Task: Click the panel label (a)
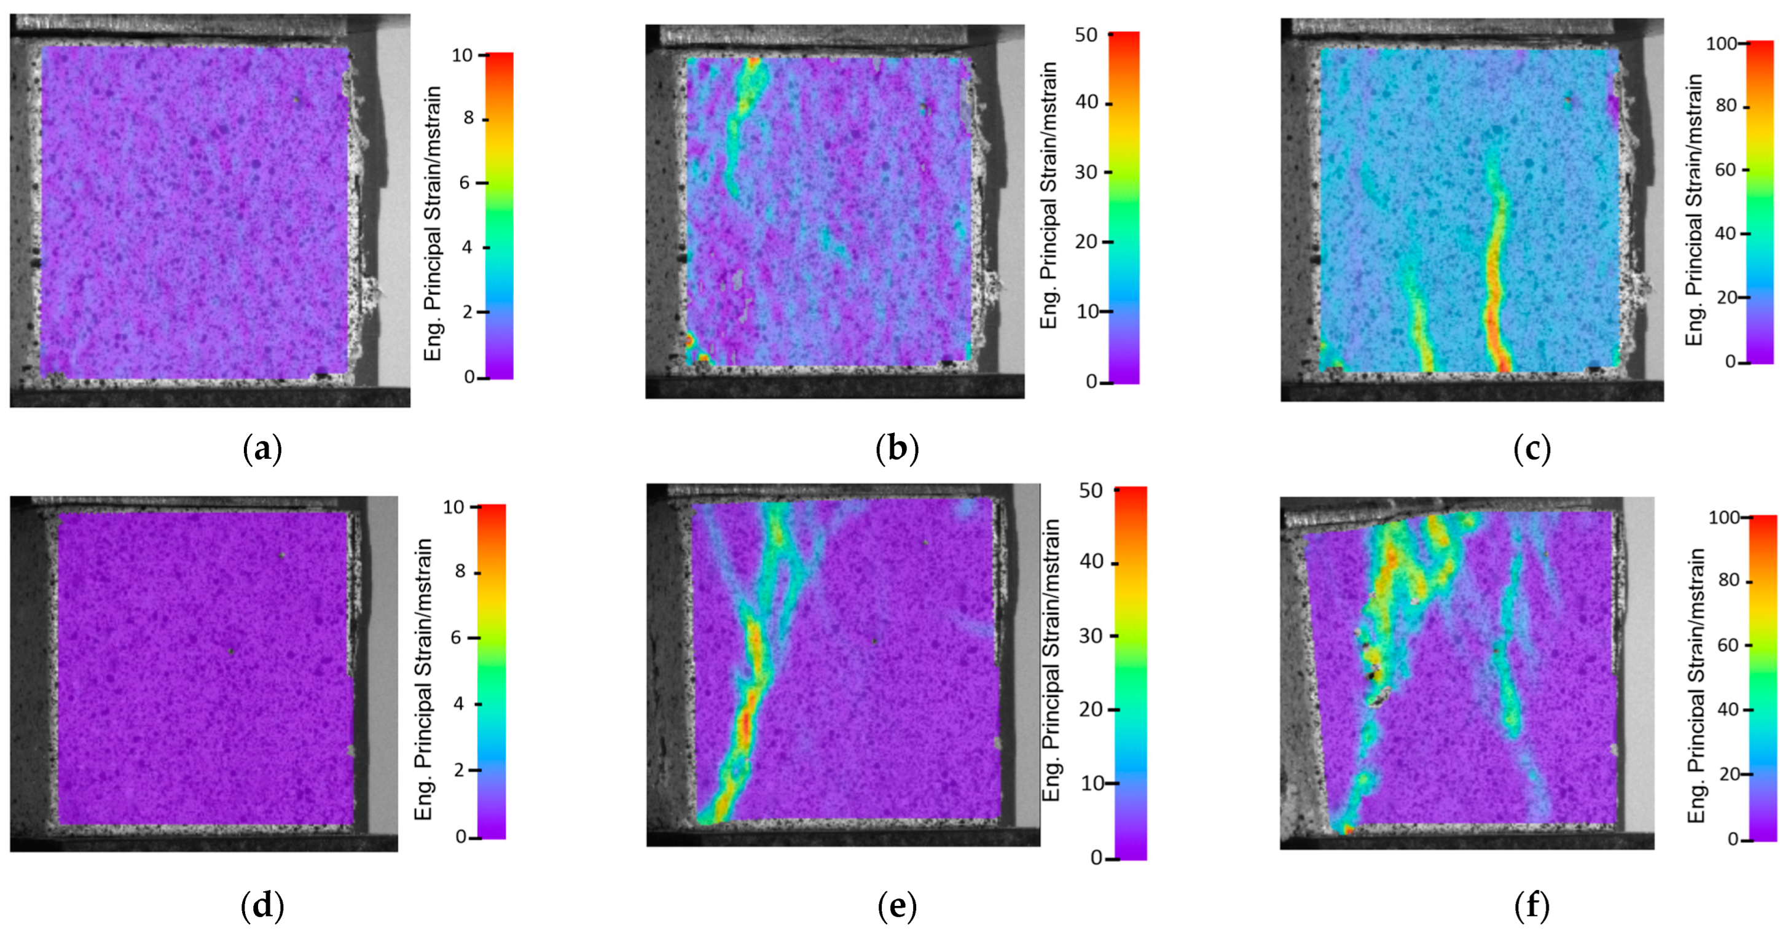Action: coord(262,450)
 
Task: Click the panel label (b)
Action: coord(897,450)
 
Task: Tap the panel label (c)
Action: coord(1532,450)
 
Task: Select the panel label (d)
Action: coord(262,905)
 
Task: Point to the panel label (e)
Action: coord(897,905)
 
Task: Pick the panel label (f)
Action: coord(1532,905)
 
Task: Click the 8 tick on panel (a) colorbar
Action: coord(470,119)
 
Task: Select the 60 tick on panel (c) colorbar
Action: coord(1725,170)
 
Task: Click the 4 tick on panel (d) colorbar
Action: coord(459,704)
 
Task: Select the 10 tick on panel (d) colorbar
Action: coord(454,507)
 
